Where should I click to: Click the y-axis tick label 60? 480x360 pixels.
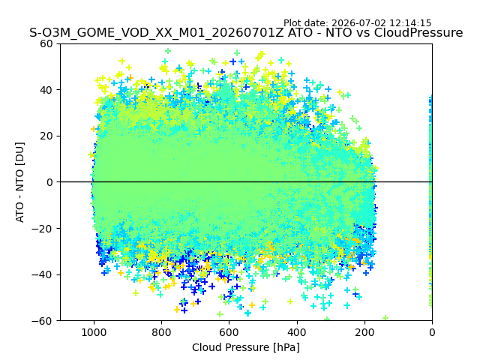[46, 43]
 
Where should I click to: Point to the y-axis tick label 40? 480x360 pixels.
[46, 90]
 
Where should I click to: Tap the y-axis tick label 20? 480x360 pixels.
[46, 136]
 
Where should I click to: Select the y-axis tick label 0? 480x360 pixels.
[49, 182]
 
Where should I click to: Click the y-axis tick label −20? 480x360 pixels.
[42, 229]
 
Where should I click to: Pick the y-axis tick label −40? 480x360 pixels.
[42, 275]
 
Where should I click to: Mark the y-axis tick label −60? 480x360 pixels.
[42, 321]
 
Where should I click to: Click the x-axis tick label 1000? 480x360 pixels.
[94, 332]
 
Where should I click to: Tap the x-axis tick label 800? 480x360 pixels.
[162, 332]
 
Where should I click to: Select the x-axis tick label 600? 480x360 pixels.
[229, 332]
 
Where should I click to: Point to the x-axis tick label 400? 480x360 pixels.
[297, 332]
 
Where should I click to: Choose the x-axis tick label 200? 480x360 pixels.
[364, 332]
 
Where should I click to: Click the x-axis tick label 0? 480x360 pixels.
[432, 332]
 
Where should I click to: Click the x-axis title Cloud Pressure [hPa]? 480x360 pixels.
[246, 348]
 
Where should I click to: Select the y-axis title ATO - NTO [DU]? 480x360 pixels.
[20, 182]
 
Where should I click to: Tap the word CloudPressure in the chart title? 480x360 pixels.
[418, 32]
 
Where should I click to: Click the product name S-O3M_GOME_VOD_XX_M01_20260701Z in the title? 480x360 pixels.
[157, 33]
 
